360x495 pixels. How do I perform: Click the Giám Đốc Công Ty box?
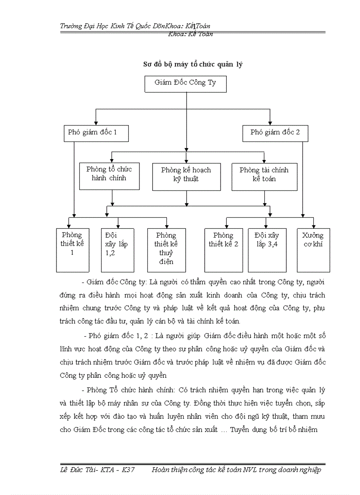point(185,83)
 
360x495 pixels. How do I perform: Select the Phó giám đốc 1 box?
point(96,133)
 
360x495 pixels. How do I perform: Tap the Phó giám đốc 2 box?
point(275,133)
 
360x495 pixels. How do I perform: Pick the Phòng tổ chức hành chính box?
point(109,174)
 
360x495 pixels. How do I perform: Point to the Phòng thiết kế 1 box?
point(72,250)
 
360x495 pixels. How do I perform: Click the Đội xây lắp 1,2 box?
point(117,250)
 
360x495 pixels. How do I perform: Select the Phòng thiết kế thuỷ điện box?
point(166,250)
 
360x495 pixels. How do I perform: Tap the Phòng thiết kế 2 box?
point(223,250)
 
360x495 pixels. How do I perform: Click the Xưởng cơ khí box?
point(313,250)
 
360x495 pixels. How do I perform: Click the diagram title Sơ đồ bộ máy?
point(193,64)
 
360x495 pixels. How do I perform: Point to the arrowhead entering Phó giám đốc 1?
point(96,123)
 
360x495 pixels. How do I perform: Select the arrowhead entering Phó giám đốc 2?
point(270,123)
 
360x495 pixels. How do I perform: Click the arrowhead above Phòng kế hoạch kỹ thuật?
point(187,160)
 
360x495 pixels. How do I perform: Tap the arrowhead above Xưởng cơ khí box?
point(313,225)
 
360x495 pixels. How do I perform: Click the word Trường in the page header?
point(71,26)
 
